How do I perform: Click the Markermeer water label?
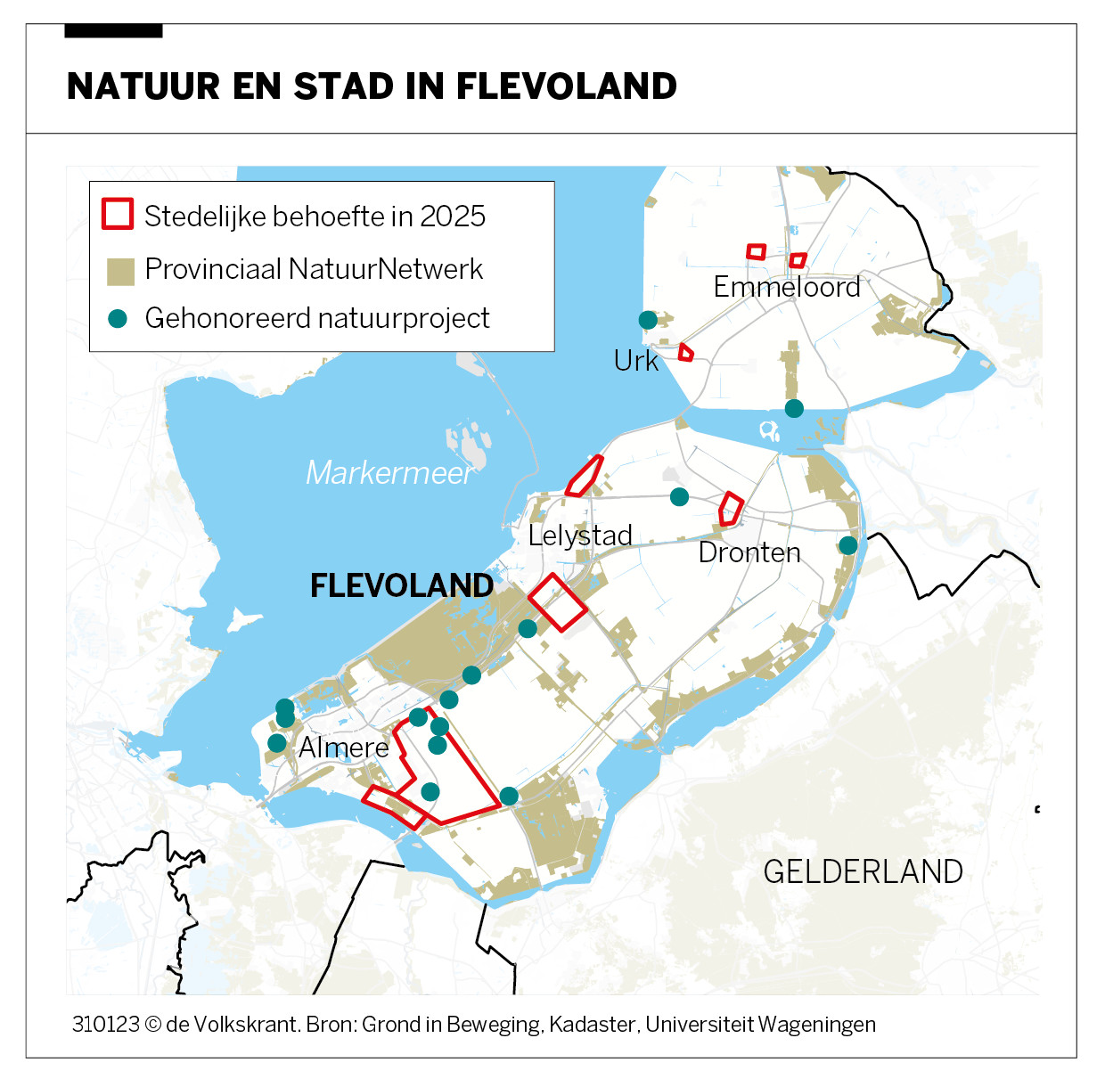pyautogui.click(x=389, y=472)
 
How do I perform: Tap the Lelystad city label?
pyautogui.click(x=580, y=535)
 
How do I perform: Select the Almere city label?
pyautogui.click(x=344, y=747)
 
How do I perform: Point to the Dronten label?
pyautogui.click(x=749, y=552)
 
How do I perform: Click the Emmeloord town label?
pyautogui.click(x=787, y=287)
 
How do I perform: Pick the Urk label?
pyautogui.click(x=636, y=361)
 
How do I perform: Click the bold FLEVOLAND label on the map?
pyautogui.click(x=402, y=585)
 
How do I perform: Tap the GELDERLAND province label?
pyautogui.click(x=863, y=871)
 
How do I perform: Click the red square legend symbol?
pyautogui.click(x=118, y=214)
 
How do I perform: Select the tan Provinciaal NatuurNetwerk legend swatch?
pyautogui.click(x=120, y=271)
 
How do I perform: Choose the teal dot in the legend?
pyautogui.click(x=118, y=318)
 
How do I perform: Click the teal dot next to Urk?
pyautogui.click(x=648, y=319)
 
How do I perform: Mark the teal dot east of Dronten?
pyautogui.click(x=848, y=544)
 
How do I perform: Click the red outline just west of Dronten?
pyautogui.click(x=731, y=509)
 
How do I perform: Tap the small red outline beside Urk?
pyautogui.click(x=685, y=353)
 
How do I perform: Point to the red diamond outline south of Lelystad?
pyautogui.click(x=557, y=602)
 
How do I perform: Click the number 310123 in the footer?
pyautogui.click(x=105, y=1025)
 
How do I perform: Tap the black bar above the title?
pyautogui.click(x=113, y=31)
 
